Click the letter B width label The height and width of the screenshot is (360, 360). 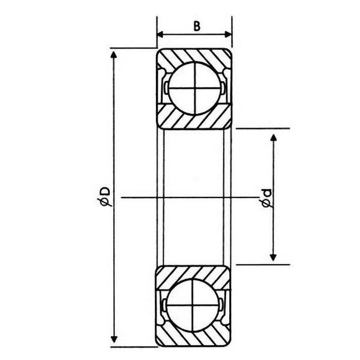click(x=197, y=26)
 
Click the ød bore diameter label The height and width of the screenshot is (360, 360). click(x=266, y=199)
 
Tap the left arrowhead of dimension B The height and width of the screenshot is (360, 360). click(x=160, y=35)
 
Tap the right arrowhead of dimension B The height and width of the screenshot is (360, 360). click(x=228, y=35)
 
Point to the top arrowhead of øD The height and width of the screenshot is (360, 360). click(x=113, y=55)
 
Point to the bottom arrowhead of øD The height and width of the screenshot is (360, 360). click(x=114, y=339)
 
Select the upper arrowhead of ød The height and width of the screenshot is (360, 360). click(x=273, y=138)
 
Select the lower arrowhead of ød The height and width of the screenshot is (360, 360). click(x=273, y=257)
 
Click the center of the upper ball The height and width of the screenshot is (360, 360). click(x=194, y=88)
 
